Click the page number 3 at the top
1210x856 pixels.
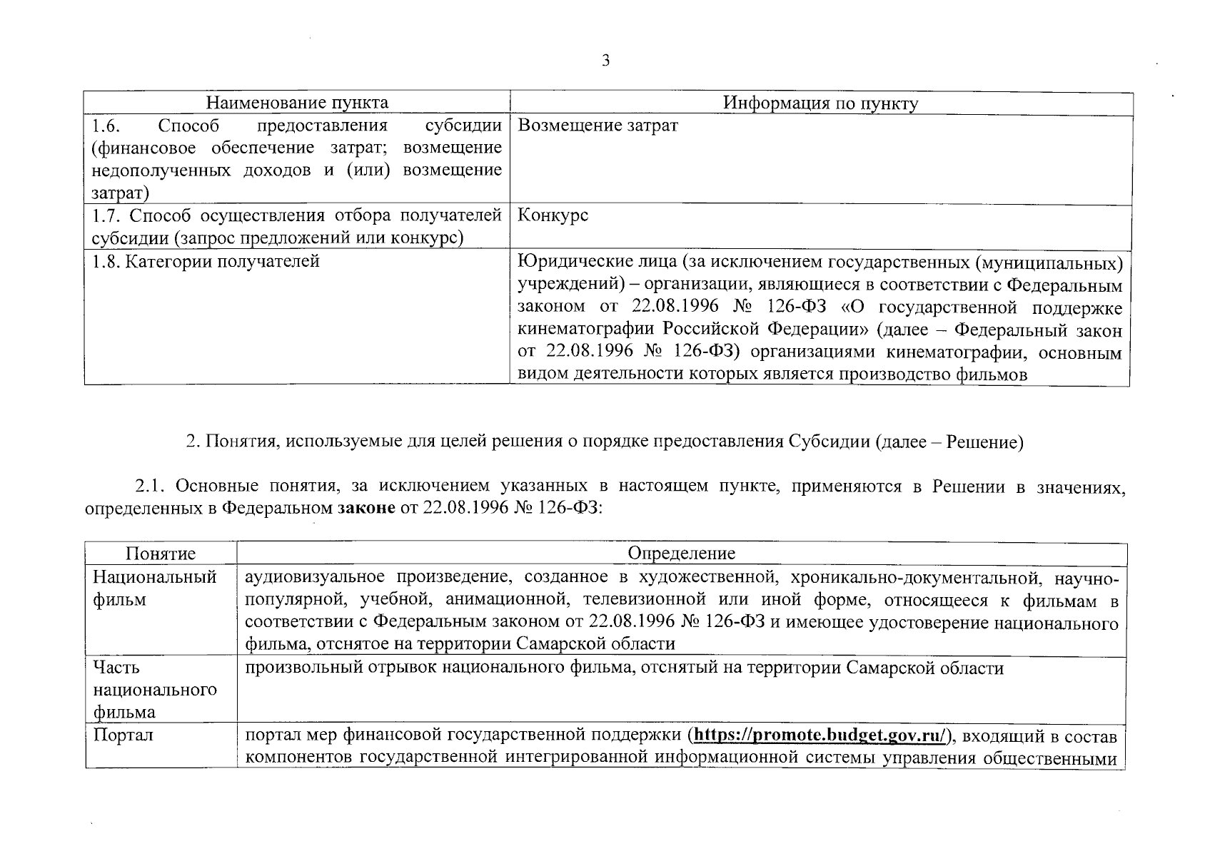(605, 61)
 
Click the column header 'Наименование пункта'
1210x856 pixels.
(297, 103)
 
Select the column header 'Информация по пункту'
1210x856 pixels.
(820, 103)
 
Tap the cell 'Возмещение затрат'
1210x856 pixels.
(597, 126)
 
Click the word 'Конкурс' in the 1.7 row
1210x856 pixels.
(553, 215)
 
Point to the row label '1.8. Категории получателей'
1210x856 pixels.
(206, 262)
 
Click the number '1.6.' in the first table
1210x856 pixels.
(106, 126)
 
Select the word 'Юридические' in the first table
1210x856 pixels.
(568, 263)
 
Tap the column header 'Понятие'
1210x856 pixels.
(161, 554)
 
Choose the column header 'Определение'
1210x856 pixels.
(681, 554)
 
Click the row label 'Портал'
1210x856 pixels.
(123, 735)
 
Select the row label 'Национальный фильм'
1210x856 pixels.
(155, 588)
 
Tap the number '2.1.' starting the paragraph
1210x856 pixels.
(151, 486)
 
